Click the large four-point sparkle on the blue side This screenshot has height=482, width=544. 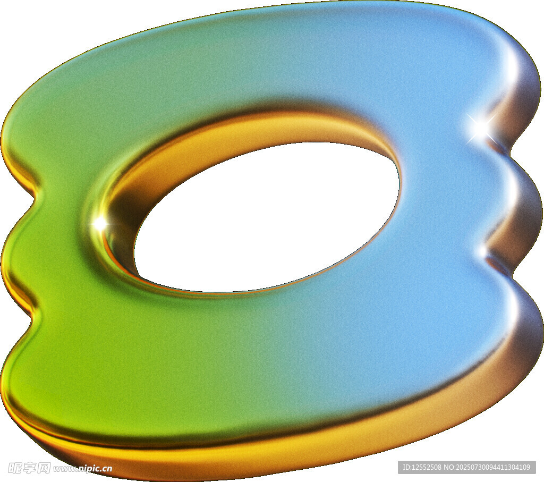pyautogui.click(x=480, y=128)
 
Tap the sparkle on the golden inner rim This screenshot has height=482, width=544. pyautogui.click(x=100, y=223)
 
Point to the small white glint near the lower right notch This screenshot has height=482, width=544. pyautogui.click(x=483, y=250)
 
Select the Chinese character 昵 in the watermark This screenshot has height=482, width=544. pyautogui.click(x=15, y=468)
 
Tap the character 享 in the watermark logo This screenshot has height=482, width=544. pyautogui.click(x=30, y=468)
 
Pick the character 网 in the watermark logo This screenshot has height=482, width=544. pyautogui.click(x=44, y=468)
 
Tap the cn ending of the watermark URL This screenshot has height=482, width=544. pyautogui.click(x=107, y=469)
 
